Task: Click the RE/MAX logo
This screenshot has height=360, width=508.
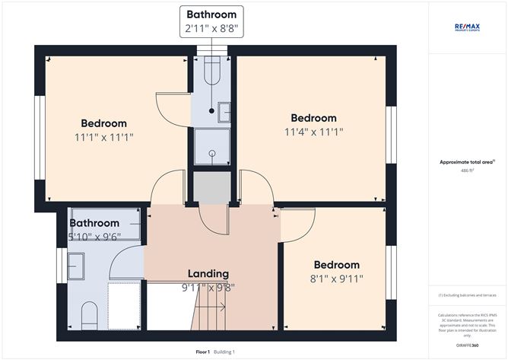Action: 467,27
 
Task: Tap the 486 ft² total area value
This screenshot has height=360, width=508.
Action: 467,171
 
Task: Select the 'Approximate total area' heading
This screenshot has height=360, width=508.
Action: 467,161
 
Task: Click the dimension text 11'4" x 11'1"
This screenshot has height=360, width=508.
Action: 313,132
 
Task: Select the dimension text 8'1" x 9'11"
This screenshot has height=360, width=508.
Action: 336,279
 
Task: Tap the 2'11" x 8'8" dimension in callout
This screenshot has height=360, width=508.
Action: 212,29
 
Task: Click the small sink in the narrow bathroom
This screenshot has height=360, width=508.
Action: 224,112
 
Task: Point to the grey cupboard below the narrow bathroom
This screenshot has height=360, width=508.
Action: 211,187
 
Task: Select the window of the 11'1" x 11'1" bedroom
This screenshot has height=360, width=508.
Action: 40,137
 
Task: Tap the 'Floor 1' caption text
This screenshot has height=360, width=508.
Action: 203,352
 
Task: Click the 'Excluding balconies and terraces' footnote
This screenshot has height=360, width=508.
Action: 467,295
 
